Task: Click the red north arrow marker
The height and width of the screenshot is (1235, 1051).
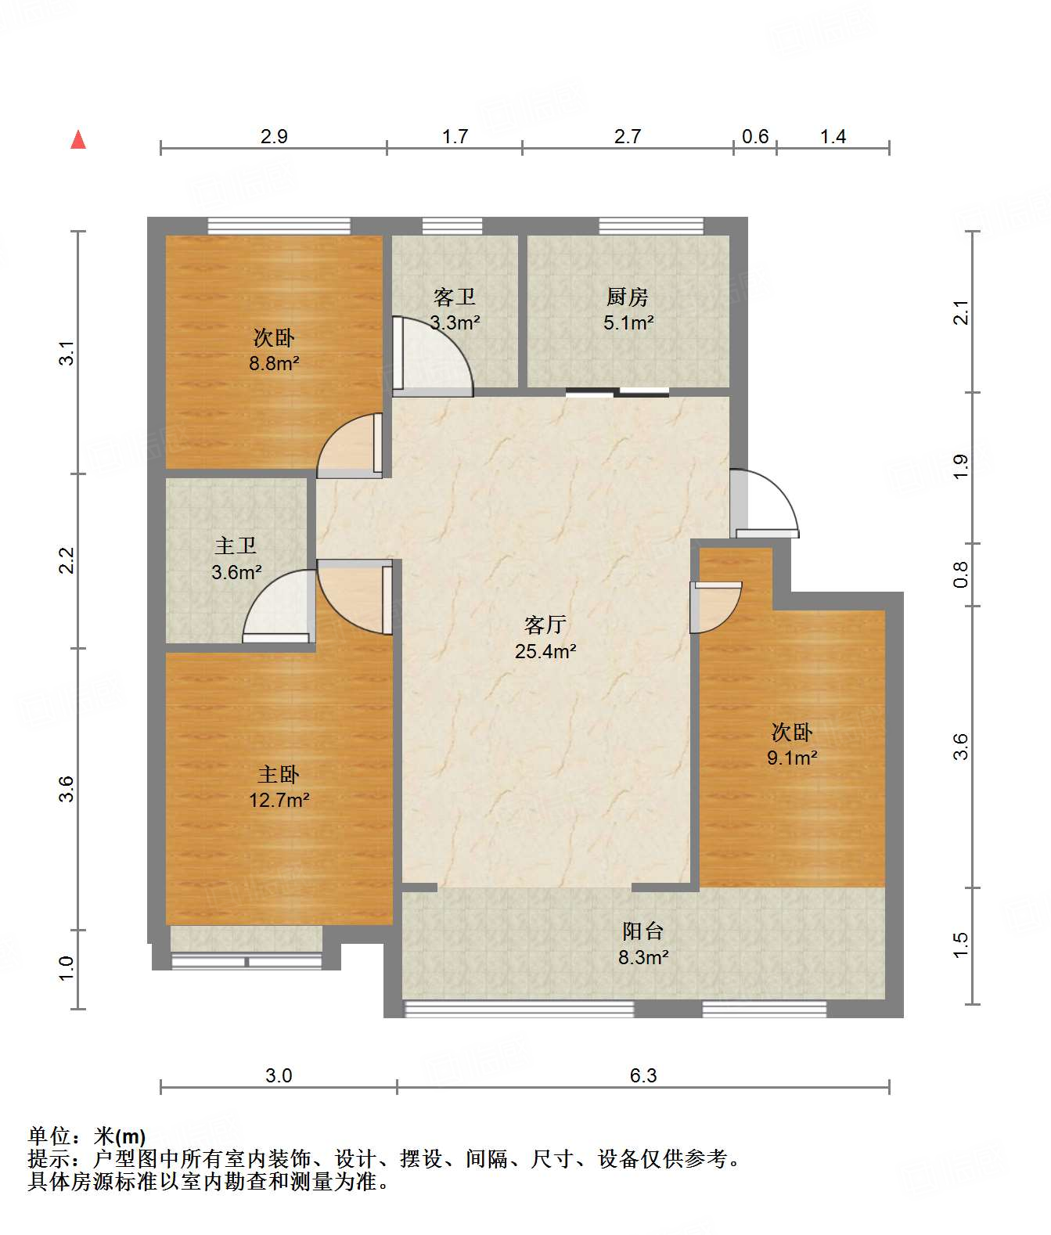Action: coord(78,140)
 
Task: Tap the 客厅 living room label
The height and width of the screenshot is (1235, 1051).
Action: coord(545,625)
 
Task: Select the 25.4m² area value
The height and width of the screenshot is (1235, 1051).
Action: coord(545,651)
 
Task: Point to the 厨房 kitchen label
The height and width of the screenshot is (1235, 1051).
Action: coord(628,297)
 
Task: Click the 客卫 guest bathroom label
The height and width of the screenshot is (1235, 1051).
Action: coord(455,297)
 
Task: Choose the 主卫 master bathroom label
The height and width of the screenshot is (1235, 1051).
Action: coord(236,546)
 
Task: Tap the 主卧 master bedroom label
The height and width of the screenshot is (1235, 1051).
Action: coord(279,775)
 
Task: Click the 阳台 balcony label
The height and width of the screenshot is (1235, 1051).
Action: coord(643,931)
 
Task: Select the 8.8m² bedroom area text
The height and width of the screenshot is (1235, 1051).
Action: coord(274,363)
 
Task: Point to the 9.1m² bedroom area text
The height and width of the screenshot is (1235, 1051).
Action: coord(792,758)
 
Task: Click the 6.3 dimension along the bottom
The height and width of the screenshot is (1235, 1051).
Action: coord(643,1075)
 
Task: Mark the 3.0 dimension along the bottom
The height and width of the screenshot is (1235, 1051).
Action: coord(279,1075)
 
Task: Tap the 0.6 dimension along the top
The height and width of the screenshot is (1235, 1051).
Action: coord(755,137)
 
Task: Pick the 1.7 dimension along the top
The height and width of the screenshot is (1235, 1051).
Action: coord(455,137)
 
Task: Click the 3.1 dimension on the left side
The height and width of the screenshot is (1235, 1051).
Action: coord(67,352)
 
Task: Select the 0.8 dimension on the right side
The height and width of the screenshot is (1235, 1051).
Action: coord(960,574)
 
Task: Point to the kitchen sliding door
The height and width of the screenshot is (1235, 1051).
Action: coord(617,392)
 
